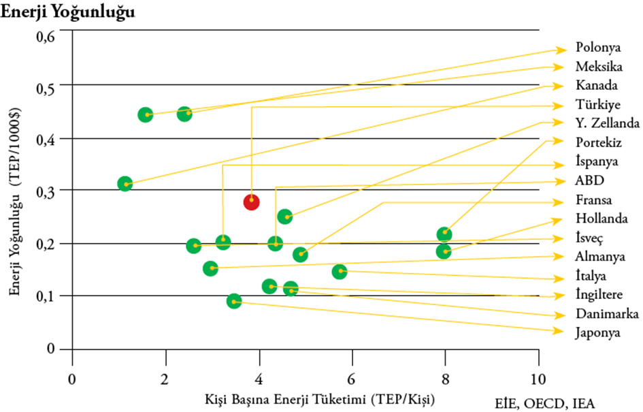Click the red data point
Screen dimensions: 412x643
coord(252,202)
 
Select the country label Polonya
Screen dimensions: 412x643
coord(598,48)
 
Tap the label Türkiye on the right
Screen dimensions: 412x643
coord(597,105)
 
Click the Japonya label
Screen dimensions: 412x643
coord(597,334)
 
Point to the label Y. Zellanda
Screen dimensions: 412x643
coord(607,123)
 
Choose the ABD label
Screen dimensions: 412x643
coord(589,181)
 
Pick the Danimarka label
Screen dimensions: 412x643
coord(606,314)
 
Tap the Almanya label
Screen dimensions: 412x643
coord(600,257)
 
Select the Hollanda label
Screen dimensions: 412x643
coord(600,219)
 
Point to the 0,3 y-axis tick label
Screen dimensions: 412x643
coord(44,191)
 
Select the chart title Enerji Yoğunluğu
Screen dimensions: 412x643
coord(68,12)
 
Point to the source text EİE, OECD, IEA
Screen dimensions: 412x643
coord(544,403)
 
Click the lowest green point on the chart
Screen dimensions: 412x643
coord(234,300)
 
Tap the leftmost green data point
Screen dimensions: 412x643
coord(125,184)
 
